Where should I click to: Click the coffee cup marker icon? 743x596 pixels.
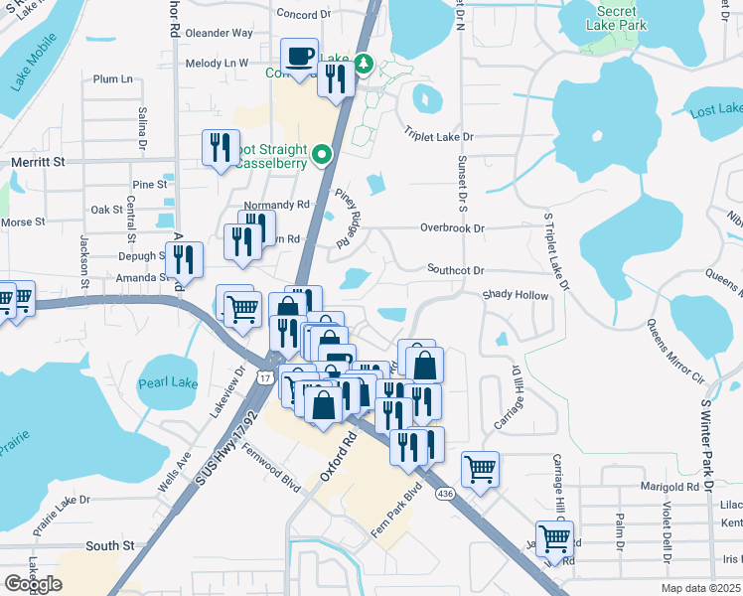(299, 56)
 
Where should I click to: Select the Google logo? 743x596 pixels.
(33, 584)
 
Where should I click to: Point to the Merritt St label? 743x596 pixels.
(37, 161)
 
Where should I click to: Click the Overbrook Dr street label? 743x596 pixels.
(451, 227)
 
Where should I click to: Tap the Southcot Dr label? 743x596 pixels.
(455, 270)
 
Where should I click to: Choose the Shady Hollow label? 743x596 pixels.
(515, 295)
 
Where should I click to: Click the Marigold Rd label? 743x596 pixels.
(671, 487)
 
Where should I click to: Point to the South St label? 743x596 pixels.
(109, 545)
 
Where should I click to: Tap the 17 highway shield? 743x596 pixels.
(263, 378)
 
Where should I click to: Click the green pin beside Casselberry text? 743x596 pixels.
(322, 155)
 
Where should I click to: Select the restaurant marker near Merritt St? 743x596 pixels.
(220, 147)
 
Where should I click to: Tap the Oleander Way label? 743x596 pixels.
(220, 33)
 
